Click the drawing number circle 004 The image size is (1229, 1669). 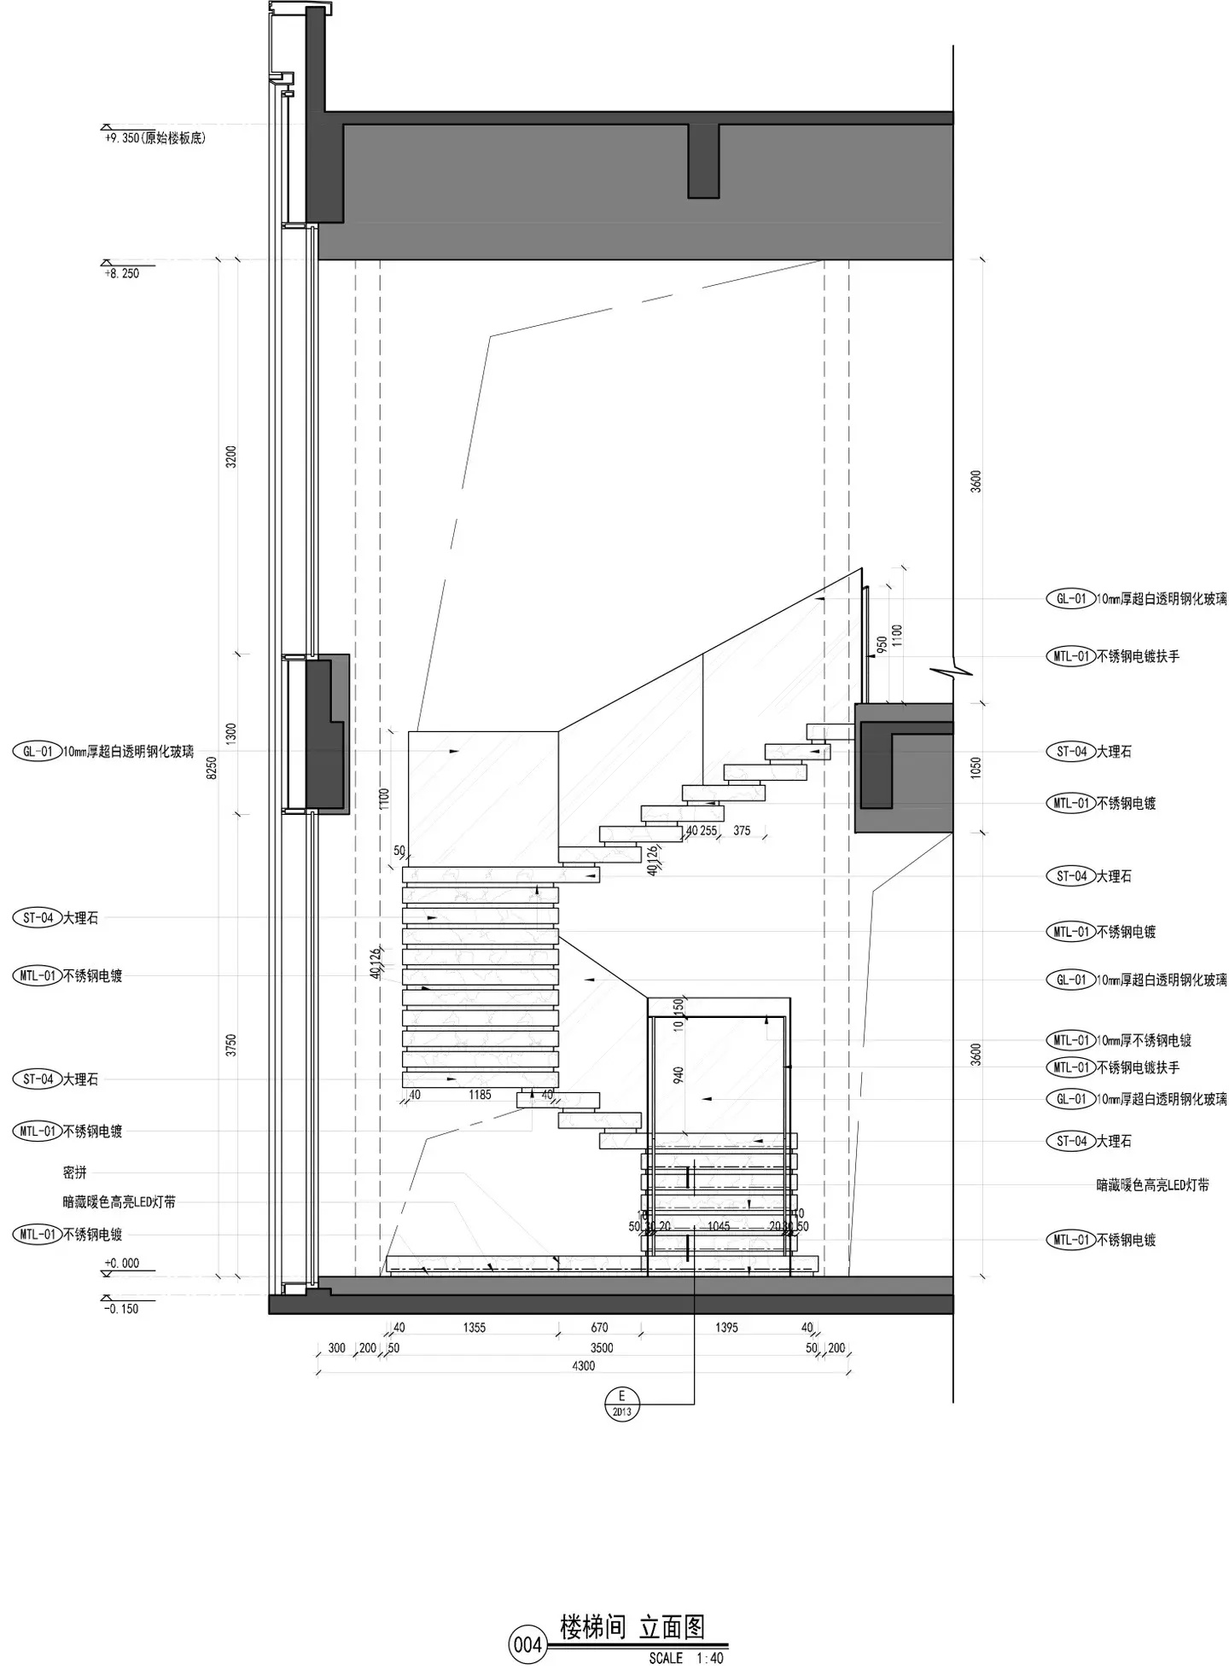[x=527, y=1644]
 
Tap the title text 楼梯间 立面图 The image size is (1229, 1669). [x=632, y=1627]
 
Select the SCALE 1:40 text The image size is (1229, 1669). [x=685, y=1658]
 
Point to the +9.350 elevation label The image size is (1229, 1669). [x=154, y=137]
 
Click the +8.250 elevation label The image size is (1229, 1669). [x=122, y=273]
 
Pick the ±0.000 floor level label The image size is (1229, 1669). [x=122, y=1263]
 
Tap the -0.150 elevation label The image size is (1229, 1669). [x=121, y=1308]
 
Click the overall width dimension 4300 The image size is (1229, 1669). [x=583, y=1366]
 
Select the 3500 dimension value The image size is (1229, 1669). [x=602, y=1348]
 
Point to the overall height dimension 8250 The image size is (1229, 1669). [x=213, y=767]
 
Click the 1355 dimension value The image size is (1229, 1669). [x=475, y=1328]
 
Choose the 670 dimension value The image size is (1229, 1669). [x=599, y=1328]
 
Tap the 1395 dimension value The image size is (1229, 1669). [x=726, y=1328]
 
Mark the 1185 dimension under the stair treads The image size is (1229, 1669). [x=480, y=1095]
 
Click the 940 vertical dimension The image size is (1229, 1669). [x=679, y=1075]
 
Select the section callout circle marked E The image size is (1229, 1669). [x=621, y=1402]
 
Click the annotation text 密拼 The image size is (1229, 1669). [x=75, y=1173]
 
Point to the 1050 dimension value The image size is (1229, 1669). [x=976, y=767]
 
